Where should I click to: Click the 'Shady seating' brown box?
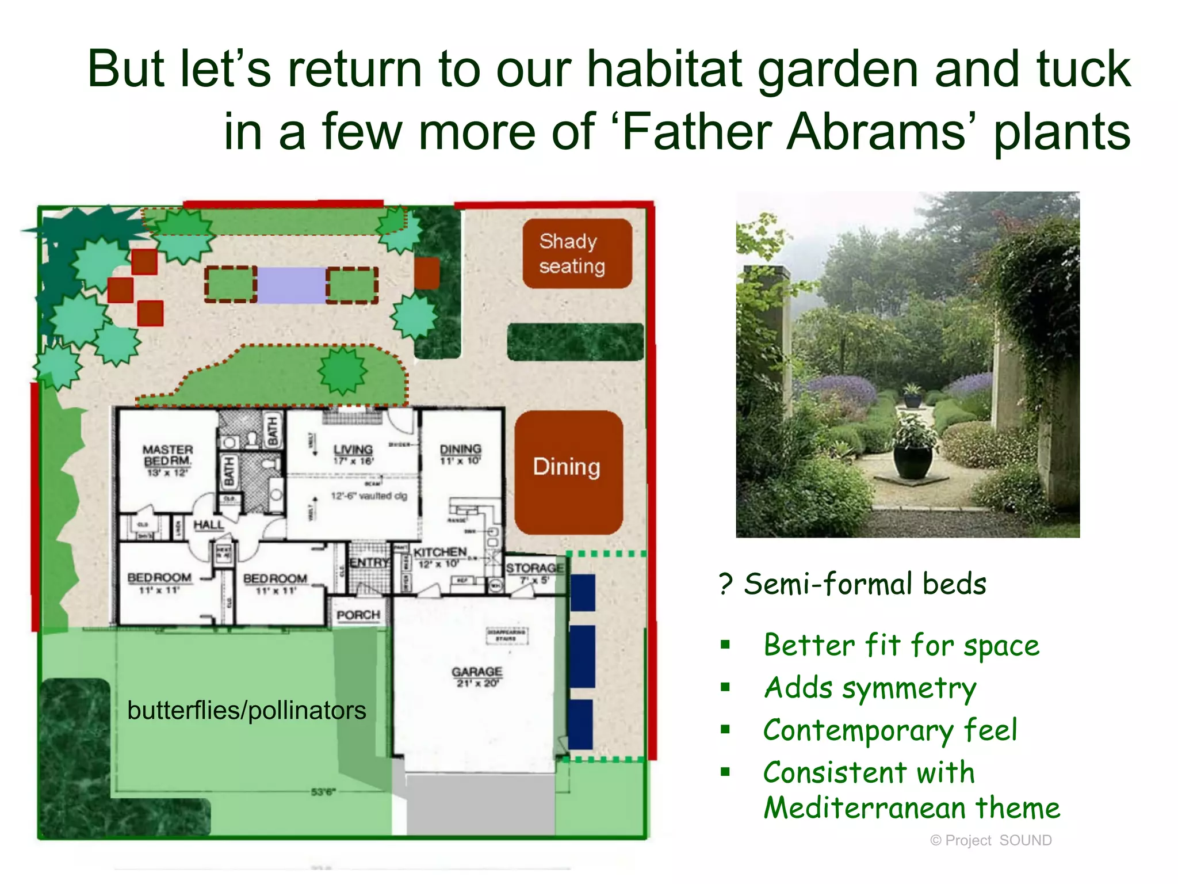pos(577,253)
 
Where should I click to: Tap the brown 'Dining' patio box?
pos(568,472)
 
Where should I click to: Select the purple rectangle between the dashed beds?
pos(291,285)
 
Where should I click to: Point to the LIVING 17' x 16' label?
pos(353,454)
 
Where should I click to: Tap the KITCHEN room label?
pos(439,557)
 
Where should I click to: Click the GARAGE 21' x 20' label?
pos(477,676)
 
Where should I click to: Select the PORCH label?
pos(358,615)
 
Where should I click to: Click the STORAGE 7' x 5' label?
pos(534,573)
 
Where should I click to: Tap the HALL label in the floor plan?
pos(208,525)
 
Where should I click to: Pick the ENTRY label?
pos(369,562)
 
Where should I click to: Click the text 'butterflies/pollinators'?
pos(246,710)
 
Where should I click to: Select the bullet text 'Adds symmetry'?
pos(870,688)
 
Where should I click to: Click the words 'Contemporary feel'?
pos(890,730)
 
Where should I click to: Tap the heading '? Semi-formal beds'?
pos(853,584)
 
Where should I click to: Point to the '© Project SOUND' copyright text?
pos(990,840)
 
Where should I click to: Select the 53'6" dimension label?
pos(323,792)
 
